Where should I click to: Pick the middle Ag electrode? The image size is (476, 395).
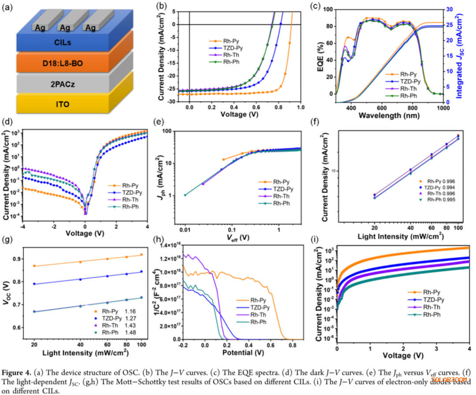(x=65, y=27)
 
